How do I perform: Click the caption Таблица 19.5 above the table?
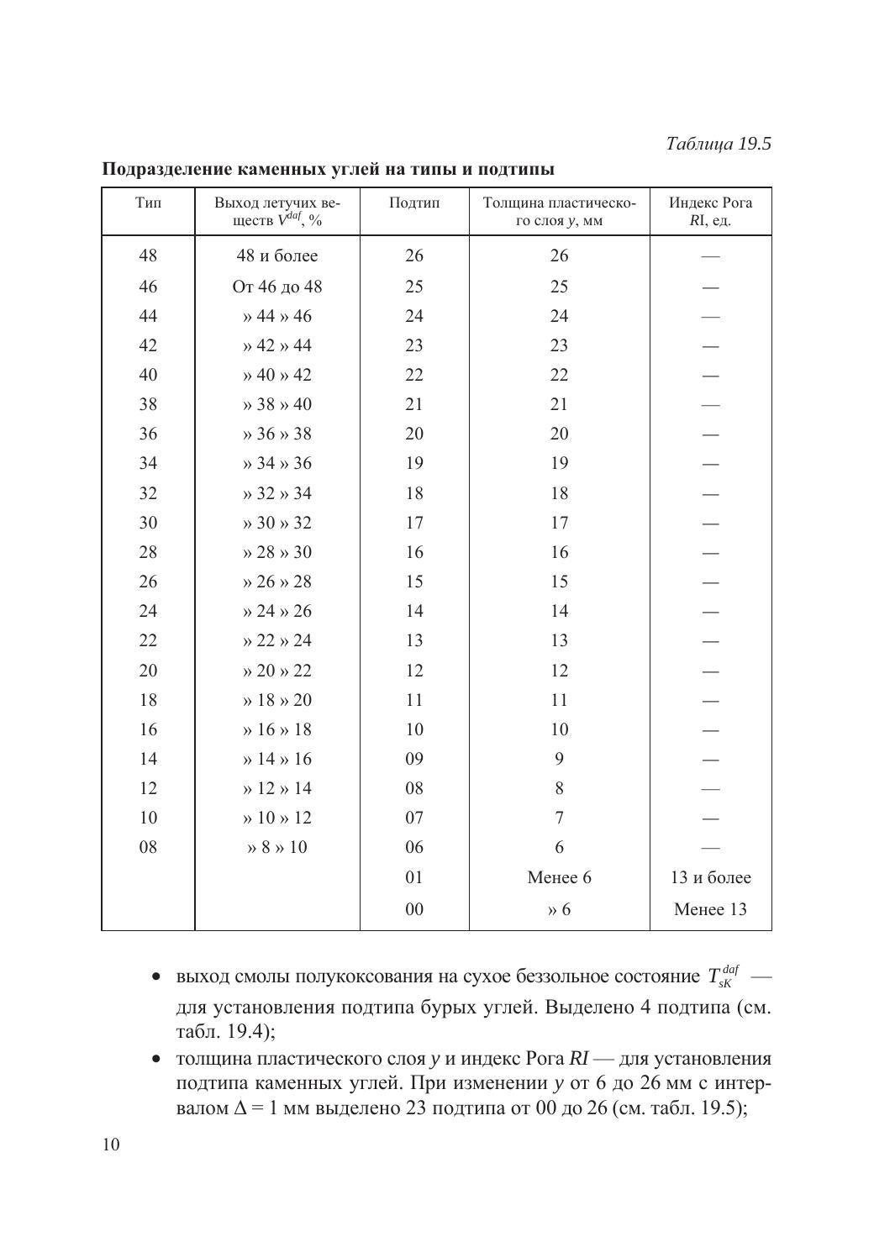[x=718, y=144]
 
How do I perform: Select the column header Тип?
[x=148, y=203]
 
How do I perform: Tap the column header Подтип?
[x=414, y=203]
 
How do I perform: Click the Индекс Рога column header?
[x=710, y=211]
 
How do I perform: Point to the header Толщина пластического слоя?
[x=559, y=211]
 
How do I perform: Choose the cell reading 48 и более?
[x=277, y=255]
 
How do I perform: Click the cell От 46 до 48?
[x=277, y=287]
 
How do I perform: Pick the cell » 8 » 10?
[x=277, y=847]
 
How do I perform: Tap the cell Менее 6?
[x=559, y=877]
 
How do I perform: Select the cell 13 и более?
[x=710, y=877]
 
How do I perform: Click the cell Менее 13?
[x=710, y=909]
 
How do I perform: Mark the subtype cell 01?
[x=414, y=877]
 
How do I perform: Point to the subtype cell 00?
[x=414, y=909]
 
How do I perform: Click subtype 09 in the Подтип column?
[x=414, y=759]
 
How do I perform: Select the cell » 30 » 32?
[x=277, y=523]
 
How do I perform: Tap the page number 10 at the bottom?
[x=110, y=1145]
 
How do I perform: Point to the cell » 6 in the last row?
[x=559, y=909]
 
